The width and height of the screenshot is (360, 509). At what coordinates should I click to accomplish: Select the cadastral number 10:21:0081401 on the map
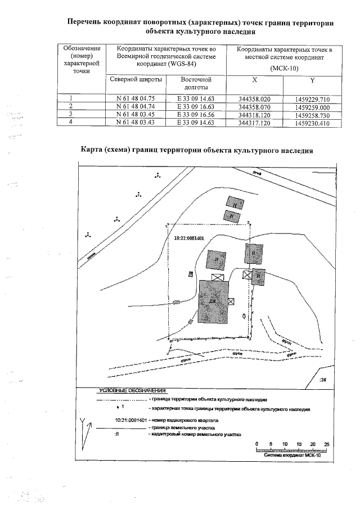point(193,237)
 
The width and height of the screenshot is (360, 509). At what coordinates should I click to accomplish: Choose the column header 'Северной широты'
point(136,79)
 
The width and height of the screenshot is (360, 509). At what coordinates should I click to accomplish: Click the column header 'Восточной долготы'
point(196,83)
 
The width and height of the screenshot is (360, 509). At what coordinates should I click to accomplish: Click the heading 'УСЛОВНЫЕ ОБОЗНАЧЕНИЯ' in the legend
point(132,390)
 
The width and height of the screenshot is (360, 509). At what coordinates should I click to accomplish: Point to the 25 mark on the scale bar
point(326,444)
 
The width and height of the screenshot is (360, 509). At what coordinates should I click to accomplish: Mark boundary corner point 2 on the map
point(248,223)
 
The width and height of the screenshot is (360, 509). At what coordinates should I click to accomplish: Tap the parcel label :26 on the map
point(322,380)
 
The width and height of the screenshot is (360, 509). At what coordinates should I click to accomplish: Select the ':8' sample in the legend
point(116,435)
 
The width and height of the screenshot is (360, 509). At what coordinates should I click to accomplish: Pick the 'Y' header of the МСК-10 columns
point(312,79)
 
